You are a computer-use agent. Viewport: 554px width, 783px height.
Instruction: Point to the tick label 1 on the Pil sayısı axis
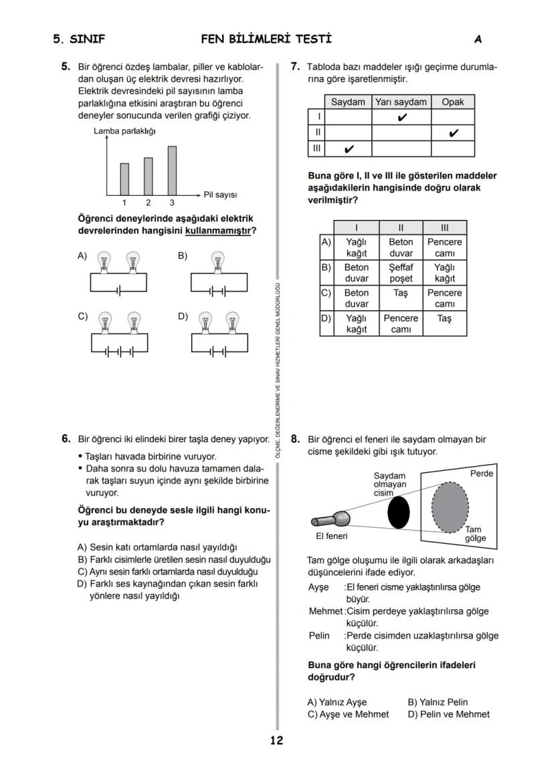click(x=124, y=203)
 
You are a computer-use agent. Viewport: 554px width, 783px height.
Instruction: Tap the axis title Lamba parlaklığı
click(x=124, y=131)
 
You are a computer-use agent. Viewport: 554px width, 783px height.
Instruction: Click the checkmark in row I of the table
click(x=401, y=118)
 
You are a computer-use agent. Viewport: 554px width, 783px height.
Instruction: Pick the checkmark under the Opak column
click(x=453, y=133)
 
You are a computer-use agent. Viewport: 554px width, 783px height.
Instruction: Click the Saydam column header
click(x=348, y=102)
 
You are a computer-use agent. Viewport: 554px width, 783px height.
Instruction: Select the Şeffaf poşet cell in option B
click(x=401, y=273)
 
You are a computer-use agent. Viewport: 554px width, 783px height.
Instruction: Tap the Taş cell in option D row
click(x=444, y=319)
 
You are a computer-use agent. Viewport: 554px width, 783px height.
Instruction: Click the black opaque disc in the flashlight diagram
click(x=398, y=512)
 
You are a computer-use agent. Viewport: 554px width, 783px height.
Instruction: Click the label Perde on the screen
click(x=481, y=473)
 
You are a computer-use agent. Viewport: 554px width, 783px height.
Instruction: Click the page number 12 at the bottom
click(x=276, y=740)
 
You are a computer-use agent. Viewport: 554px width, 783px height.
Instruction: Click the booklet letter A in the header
click(x=478, y=39)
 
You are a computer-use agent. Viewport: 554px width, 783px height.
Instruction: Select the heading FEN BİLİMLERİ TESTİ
click(x=266, y=39)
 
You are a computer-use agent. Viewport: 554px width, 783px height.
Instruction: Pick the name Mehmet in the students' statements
click(x=325, y=611)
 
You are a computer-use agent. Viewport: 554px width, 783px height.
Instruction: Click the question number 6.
click(x=66, y=439)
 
